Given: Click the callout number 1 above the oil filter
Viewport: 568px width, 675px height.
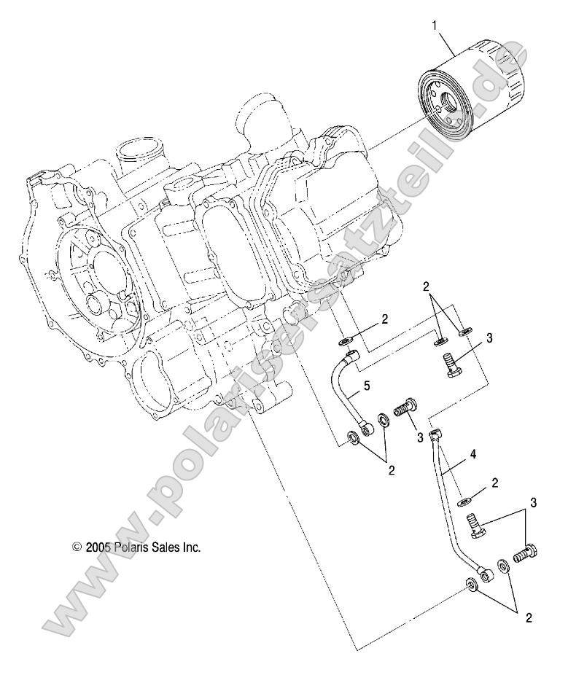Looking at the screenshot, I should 435,26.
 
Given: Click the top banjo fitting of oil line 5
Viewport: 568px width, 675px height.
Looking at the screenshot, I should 351,357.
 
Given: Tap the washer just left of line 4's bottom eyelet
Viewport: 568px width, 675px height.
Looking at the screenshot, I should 470,585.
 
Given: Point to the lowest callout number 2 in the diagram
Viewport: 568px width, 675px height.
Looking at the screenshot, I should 529,619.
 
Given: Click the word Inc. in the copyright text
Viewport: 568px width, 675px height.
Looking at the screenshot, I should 190,547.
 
